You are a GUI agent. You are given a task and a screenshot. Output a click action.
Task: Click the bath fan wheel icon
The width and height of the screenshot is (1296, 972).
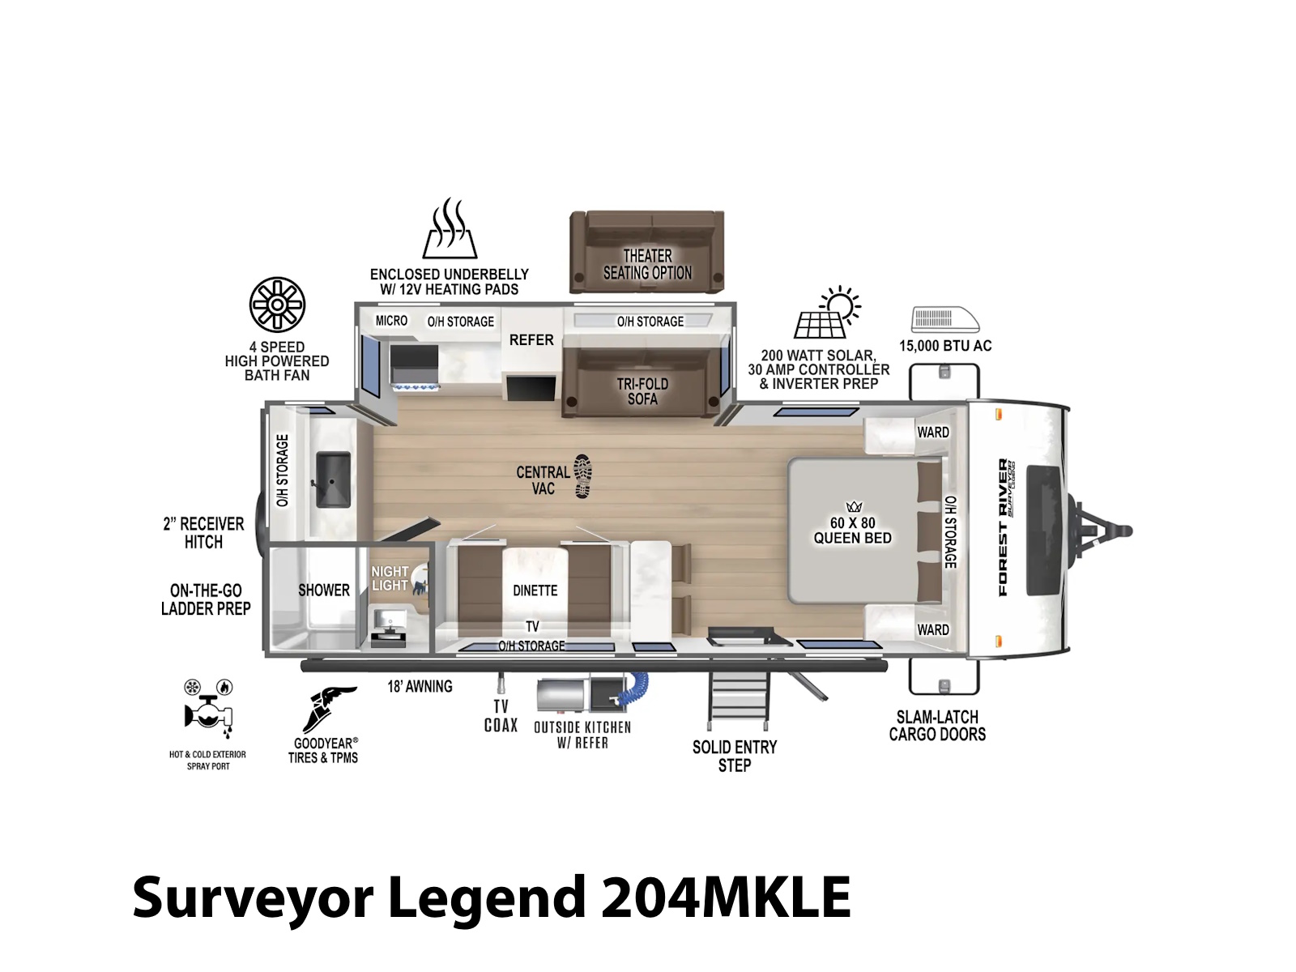pyautogui.click(x=277, y=305)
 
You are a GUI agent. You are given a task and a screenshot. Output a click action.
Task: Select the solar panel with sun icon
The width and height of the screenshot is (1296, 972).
pyautogui.click(x=827, y=312)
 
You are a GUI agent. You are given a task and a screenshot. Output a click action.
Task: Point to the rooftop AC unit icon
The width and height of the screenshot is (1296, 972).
pyautogui.click(x=944, y=319)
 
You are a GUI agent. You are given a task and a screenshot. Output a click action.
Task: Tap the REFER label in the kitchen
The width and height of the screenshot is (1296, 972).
pyautogui.click(x=531, y=340)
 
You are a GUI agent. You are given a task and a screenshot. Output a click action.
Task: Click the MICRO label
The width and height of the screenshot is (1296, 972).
pyautogui.click(x=391, y=321)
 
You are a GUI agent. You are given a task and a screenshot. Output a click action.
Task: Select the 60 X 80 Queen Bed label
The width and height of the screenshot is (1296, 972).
pyautogui.click(x=853, y=530)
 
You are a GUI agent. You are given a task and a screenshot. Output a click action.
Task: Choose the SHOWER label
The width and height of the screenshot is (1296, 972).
pyautogui.click(x=323, y=590)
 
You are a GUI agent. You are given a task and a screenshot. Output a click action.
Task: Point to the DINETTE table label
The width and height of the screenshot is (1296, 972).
pyautogui.click(x=535, y=590)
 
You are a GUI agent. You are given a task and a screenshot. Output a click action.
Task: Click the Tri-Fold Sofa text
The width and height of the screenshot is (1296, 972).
pyautogui.click(x=642, y=391)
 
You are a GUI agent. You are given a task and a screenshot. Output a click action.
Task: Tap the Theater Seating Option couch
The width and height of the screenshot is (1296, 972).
pyautogui.click(x=646, y=251)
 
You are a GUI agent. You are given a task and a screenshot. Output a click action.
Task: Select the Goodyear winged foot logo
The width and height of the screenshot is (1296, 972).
pyautogui.click(x=328, y=709)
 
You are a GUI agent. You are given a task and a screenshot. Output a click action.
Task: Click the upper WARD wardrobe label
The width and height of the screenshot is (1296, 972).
pyautogui.click(x=933, y=433)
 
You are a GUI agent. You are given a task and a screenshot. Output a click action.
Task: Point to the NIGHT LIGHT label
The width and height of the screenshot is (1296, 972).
pyautogui.click(x=390, y=578)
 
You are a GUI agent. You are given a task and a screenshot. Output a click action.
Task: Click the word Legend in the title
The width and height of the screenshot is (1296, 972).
pyautogui.click(x=486, y=897)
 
